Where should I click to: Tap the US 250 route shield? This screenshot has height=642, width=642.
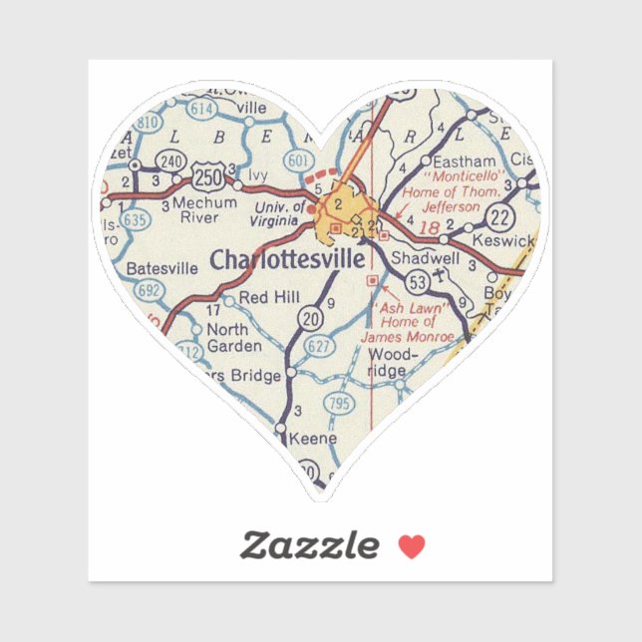[x=208, y=177]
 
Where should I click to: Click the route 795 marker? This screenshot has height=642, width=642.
[x=340, y=404]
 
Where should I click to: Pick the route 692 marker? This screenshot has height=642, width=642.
[x=149, y=290]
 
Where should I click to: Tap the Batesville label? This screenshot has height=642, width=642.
[x=162, y=268]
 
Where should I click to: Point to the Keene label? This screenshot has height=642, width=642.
[x=313, y=439]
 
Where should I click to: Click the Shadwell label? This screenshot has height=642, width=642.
[x=425, y=257]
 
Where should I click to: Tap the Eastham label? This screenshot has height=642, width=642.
[x=465, y=160]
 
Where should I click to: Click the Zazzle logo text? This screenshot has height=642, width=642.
[x=310, y=545]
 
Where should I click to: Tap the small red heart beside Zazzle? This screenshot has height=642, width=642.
[x=411, y=545]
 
